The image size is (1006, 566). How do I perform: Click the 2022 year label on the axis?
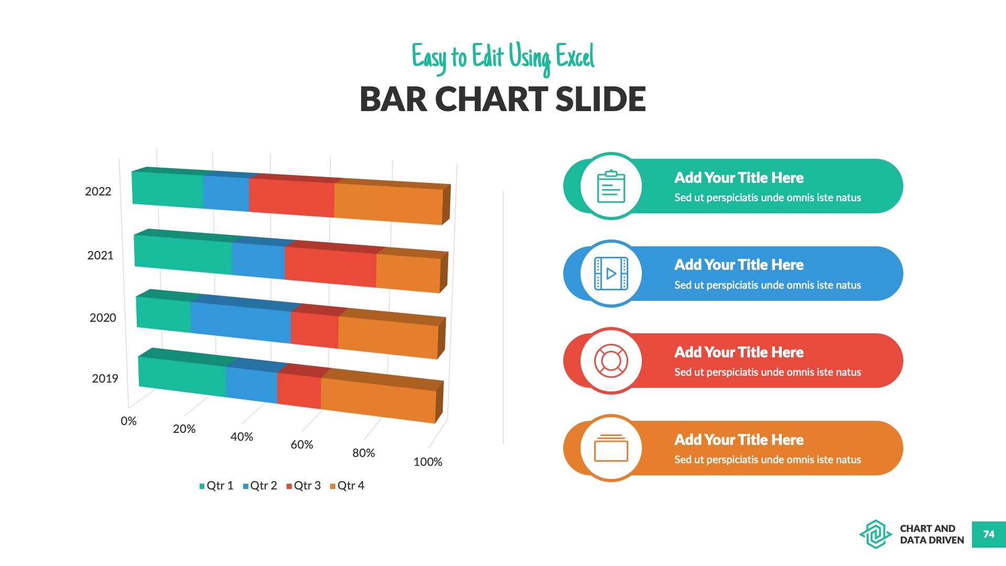coord(98,192)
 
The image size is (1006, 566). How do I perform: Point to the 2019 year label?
coord(105,378)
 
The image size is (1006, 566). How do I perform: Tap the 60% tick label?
coord(302,445)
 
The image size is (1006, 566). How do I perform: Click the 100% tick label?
coord(428,462)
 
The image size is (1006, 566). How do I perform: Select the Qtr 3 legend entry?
coord(303,486)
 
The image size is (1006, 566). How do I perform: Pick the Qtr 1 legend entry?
coord(216,486)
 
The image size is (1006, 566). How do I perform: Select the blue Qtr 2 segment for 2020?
coord(240,320)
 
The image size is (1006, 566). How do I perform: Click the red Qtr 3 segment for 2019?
coord(299,389)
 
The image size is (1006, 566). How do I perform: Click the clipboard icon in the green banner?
coord(611,186)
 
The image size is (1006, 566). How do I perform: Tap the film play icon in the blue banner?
coord(611,274)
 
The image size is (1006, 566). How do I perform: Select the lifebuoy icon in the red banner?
coord(611,361)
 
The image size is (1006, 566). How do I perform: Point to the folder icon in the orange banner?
coord(611,448)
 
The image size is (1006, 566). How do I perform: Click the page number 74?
coord(989,535)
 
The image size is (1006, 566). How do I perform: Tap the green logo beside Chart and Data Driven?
coord(875,535)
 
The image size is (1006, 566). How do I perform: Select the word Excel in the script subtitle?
coord(575,57)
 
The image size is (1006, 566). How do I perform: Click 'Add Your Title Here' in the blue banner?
coord(739,265)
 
